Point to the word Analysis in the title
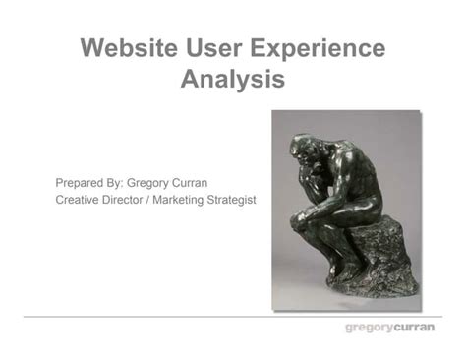point(233,79)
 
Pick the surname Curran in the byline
point(208,183)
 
